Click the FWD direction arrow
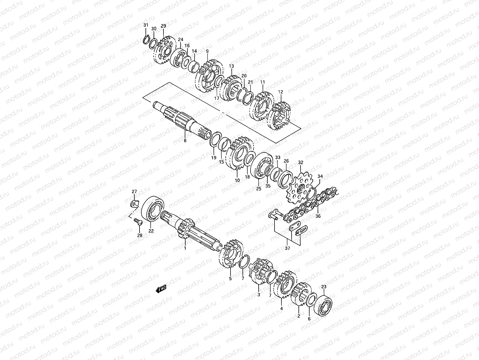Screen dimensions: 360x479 click(161, 289)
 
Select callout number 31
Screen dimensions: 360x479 click(146, 25)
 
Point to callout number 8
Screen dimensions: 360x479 click(185, 140)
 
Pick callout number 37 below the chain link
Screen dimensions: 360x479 click(288, 248)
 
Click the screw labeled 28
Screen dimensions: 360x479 click(138, 222)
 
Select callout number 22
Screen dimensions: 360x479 click(151, 231)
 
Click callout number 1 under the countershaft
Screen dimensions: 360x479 click(185, 248)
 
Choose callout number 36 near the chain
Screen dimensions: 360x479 click(318, 216)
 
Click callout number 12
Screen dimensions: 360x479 click(281, 92)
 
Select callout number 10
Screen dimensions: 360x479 click(237, 180)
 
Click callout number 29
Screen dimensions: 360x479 click(163, 26)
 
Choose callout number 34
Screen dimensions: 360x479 click(320, 176)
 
